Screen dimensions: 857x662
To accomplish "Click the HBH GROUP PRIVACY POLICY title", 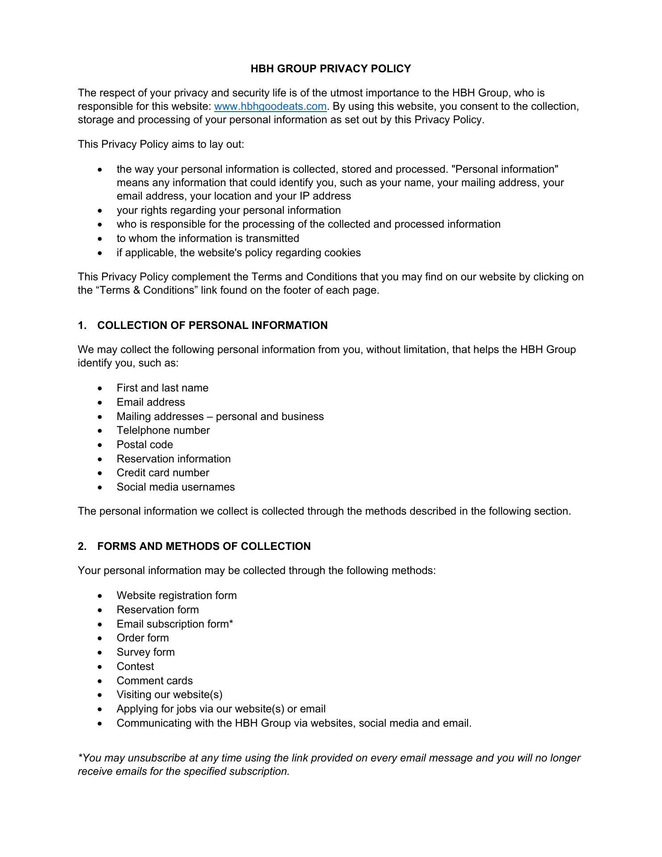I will pos(331,69).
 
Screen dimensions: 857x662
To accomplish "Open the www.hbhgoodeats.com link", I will pos(270,107).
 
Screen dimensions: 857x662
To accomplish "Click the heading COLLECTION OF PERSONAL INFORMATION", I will pos(212,325).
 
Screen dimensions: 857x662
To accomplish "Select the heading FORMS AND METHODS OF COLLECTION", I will pos(204,546).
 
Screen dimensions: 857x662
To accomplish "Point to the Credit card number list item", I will pos(163,473).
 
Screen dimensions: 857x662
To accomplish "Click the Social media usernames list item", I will pos(176,487).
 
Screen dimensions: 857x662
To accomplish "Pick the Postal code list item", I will pos(145,445).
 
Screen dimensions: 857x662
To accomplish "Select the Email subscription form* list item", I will pos(175,624).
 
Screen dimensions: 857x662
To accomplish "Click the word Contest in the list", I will pos(135,666).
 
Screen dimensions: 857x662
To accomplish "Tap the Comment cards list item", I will pos(155,681).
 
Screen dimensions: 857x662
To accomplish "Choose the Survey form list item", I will pos(145,652).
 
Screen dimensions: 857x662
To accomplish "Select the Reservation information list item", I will pos(174,459).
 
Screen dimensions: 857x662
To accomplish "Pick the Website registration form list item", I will pos(177,595).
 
